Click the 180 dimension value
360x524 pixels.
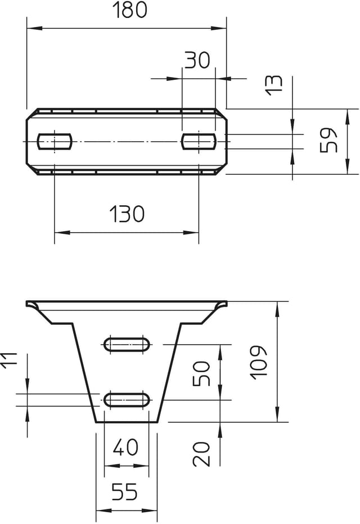click(x=129, y=10)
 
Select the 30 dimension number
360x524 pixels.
click(x=197, y=60)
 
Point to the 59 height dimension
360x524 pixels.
click(x=328, y=139)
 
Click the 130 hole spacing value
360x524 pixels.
click(x=127, y=214)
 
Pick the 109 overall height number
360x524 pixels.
click(x=259, y=362)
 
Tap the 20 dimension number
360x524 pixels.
click(x=201, y=454)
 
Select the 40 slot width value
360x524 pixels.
click(x=125, y=447)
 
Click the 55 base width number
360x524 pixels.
click(x=124, y=491)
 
